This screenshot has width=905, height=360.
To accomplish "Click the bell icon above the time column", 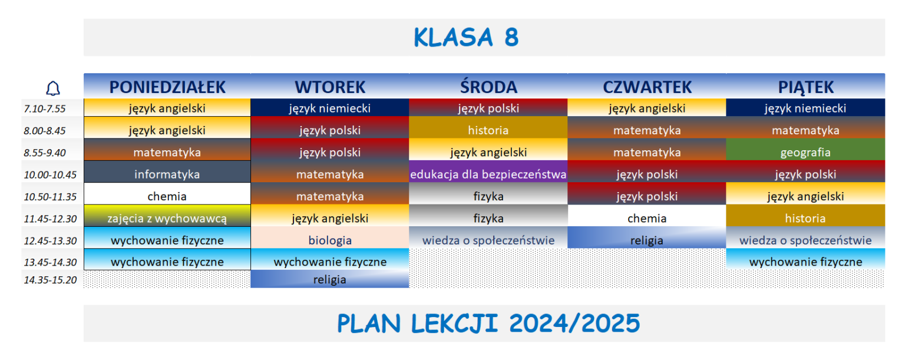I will point(53,88).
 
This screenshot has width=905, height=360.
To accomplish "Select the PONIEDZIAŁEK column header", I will point(167,87).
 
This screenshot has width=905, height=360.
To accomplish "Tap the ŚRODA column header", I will point(488,87).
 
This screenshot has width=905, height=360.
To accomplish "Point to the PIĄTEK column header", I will point(805,87).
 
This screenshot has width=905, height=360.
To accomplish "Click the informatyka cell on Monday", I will point(167,174).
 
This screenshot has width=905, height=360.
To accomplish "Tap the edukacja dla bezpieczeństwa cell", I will point(488,174).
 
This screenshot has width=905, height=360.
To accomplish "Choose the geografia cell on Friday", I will point(805,153).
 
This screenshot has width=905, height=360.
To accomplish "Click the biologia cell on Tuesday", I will point(330,240).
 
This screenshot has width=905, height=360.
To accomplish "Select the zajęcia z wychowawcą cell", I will point(167,219).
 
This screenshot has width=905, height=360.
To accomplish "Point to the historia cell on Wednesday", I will point(488,130).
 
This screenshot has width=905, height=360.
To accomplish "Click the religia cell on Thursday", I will point(647,240).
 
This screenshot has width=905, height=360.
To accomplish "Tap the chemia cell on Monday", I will point(167,196).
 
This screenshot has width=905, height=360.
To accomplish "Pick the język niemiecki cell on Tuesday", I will point(330,108).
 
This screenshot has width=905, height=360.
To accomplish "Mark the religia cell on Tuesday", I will point(330,280).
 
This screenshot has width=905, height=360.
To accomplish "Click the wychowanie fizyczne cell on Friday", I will point(805,262).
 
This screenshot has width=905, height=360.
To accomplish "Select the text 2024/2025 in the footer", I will point(574,323).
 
